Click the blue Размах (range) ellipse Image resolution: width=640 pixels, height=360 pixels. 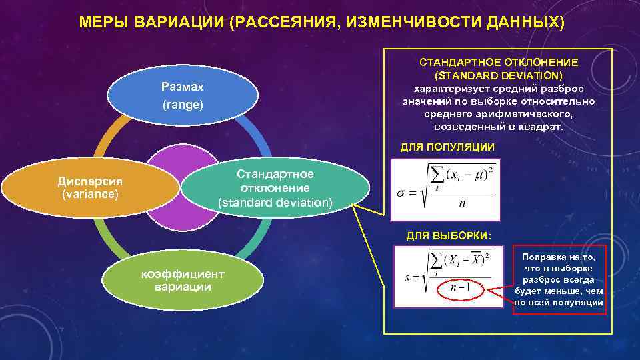[x=183, y=96]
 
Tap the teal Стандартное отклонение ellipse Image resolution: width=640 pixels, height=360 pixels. [x=275, y=187]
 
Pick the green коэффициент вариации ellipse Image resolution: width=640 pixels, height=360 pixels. [x=183, y=281]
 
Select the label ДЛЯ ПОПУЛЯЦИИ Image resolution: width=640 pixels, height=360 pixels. [x=447, y=147]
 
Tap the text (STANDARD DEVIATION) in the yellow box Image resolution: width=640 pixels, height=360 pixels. [x=498, y=75]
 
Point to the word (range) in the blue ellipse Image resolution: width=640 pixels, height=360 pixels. [x=183, y=105]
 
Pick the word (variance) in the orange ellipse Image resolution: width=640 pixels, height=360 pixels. [x=89, y=194]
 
